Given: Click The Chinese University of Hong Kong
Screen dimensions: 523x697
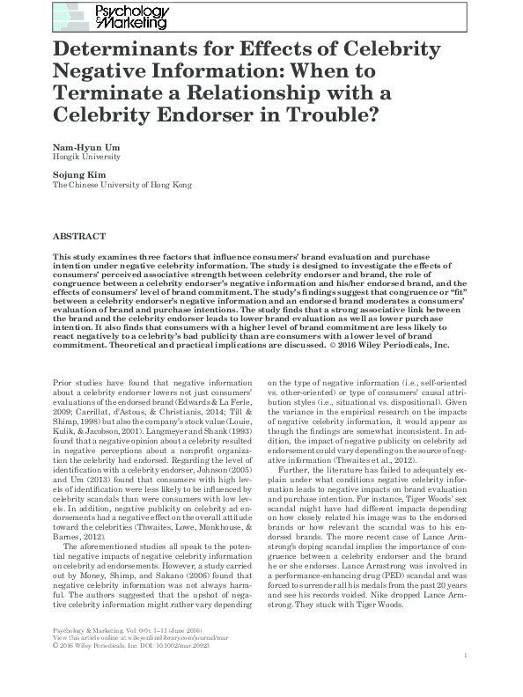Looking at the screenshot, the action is coord(120,186).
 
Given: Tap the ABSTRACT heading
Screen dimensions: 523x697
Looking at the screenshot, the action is coord(79,237).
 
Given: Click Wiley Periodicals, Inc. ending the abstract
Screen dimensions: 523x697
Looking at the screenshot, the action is coord(399,345).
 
